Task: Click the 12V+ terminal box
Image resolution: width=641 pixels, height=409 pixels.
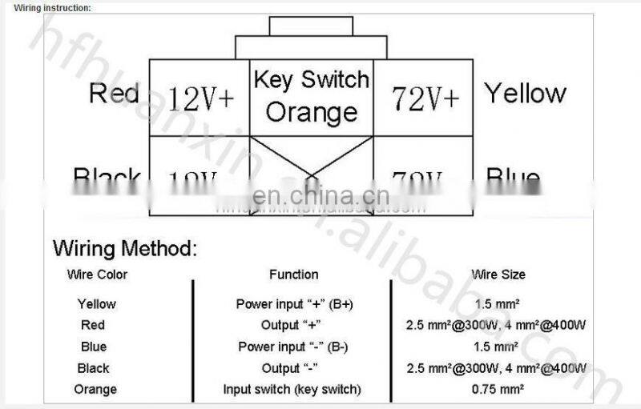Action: coord(201,98)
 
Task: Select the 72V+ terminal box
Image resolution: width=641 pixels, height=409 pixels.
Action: coord(425,98)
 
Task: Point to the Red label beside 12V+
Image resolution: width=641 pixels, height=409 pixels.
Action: coord(114,93)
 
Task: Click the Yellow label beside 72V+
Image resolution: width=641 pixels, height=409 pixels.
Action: coord(525,94)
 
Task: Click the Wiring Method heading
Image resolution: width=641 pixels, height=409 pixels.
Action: coord(124,248)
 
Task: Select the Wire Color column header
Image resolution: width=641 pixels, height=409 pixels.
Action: coord(97,275)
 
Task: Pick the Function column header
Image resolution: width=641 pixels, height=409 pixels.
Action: coord(293,275)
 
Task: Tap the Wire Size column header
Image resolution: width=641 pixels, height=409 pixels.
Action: coord(498,275)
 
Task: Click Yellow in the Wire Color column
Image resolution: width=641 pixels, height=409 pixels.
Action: coord(96,304)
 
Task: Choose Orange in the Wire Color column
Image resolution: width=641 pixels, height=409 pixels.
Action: coord(95,390)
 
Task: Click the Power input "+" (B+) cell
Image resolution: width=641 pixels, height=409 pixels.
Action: coord(294,304)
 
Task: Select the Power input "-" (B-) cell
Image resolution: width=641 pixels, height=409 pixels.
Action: coord(293,347)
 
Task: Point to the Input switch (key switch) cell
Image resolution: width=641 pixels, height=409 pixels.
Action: coord(292,390)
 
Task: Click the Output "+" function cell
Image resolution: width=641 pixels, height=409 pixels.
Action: coord(293,325)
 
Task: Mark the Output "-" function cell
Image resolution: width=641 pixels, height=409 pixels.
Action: coord(293,368)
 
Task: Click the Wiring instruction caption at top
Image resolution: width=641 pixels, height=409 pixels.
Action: coord(53,7)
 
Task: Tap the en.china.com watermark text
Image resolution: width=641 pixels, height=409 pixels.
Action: coord(320,195)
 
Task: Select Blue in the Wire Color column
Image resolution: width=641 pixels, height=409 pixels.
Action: coord(94,347)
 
